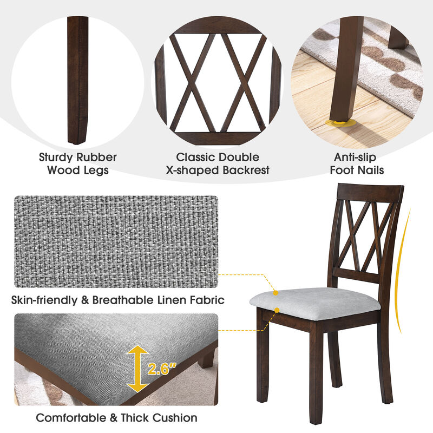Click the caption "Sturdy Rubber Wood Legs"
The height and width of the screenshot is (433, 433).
tap(77, 163)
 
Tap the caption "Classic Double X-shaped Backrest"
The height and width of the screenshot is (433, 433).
tap(218, 163)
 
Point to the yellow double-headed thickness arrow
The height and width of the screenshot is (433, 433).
tap(137, 369)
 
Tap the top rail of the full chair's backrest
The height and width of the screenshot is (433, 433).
tap(370, 193)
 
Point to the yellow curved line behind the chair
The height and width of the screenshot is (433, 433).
tap(404, 271)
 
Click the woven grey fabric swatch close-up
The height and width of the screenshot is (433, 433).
tap(116, 241)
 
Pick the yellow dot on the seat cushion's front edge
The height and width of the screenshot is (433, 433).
tap(277, 310)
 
